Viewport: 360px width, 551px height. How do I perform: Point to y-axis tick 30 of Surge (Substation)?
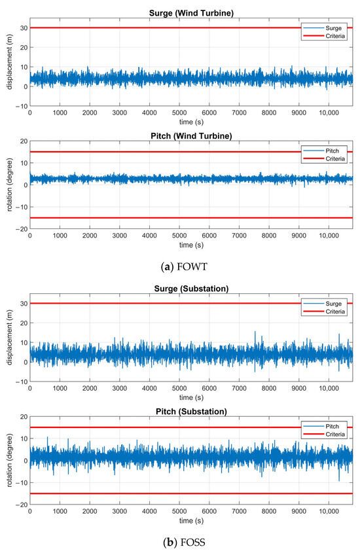[x=23, y=304]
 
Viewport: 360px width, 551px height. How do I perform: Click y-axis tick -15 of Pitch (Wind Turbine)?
[x=21, y=218]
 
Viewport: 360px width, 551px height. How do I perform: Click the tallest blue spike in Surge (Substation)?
[x=256, y=332]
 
